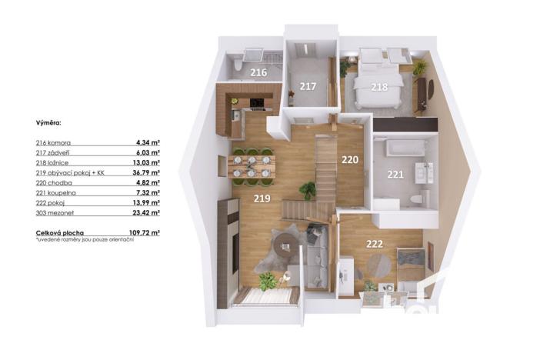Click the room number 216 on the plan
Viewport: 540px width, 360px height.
[x=258, y=73]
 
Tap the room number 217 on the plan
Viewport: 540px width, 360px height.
[x=308, y=86]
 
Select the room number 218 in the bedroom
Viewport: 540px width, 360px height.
[x=379, y=87]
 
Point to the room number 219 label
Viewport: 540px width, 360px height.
[x=263, y=198]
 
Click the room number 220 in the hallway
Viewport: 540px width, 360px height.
[x=350, y=161]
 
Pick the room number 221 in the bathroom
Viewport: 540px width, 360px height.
[x=395, y=175]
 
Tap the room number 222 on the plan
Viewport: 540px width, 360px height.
[x=375, y=244]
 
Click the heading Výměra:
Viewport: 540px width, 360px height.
[x=49, y=122]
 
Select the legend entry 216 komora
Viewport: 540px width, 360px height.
[x=53, y=142]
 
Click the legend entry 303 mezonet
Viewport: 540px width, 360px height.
[x=55, y=212]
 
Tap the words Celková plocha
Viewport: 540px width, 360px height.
[x=60, y=232]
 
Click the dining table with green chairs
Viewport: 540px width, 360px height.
[x=252, y=166]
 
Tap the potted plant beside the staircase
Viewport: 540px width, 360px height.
[x=308, y=189]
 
